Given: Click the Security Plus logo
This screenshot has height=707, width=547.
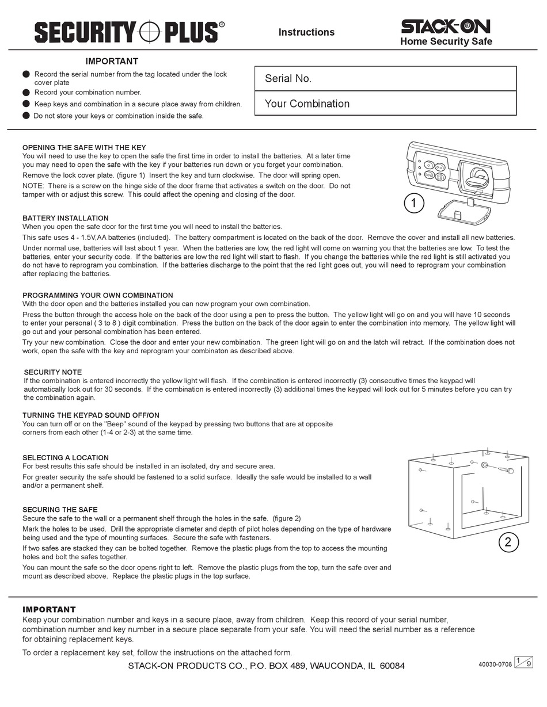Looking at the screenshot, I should (129, 32).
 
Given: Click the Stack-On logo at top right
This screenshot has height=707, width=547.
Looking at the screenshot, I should (446, 26).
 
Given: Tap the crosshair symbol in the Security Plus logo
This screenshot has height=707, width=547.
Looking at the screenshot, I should (150, 32).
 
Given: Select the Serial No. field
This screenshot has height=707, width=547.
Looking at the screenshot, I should (385, 79).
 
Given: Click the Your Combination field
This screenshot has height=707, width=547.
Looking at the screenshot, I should (385, 104).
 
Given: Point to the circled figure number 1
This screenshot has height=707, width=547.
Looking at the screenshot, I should (414, 203).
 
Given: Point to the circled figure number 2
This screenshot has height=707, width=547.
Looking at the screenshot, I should (508, 542).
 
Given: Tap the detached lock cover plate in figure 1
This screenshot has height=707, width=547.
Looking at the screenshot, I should (464, 213).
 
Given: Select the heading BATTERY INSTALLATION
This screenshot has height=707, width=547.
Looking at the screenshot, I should (66, 218).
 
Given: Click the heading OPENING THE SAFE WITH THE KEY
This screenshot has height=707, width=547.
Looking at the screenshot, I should (84, 148).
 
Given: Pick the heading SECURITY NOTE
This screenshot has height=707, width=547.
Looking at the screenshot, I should (53, 372).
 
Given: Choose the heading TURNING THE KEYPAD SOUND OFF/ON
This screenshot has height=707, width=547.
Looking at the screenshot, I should (91, 415).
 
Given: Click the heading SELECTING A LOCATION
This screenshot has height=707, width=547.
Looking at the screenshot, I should (66, 458).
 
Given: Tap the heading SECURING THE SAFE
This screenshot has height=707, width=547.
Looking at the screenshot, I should (60, 510).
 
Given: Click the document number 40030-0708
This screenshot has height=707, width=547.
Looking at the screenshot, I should (495, 664).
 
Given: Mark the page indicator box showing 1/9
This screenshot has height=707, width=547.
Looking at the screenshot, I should (523, 662).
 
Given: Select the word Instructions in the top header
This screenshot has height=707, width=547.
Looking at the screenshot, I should (306, 32).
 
